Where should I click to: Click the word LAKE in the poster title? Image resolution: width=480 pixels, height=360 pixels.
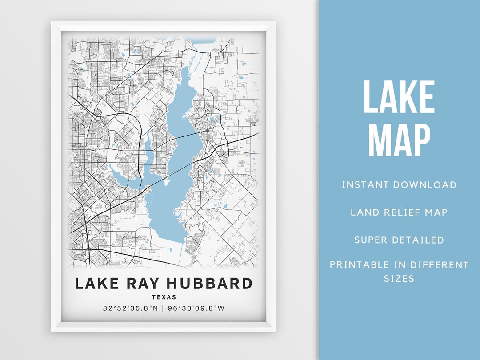click(x=96, y=284)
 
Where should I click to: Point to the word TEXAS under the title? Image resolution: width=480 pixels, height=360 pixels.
click(x=164, y=297)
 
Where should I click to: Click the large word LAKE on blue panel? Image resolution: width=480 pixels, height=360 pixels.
click(x=399, y=98)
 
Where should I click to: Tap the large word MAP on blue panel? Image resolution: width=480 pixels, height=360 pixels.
click(x=399, y=140)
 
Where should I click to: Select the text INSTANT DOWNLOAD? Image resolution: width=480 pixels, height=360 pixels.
click(x=399, y=184)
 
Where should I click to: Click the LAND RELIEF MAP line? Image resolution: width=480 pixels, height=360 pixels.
click(x=399, y=212)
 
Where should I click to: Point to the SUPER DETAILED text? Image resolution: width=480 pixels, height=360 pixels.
click(x=399, y=240)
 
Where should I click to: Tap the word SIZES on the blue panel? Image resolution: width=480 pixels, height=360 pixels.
click(x=399, y=279)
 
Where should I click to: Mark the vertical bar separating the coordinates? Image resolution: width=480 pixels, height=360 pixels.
click(x=164, y=308)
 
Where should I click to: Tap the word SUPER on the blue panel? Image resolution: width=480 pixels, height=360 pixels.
click(x=371, y=240)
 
